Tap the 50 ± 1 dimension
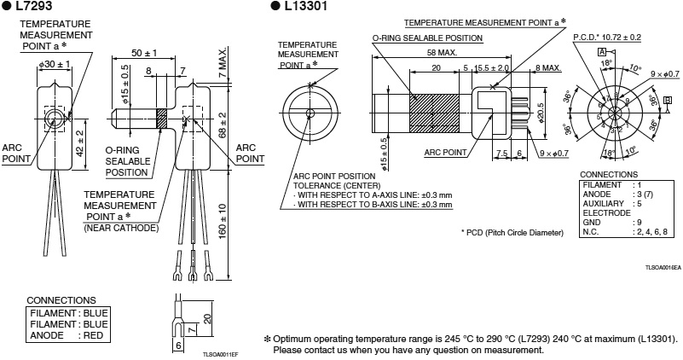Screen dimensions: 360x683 (x=145, y=52)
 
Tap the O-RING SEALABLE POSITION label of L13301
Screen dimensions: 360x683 (x=427, y=38)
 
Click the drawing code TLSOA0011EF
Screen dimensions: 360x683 (x=220, y=353)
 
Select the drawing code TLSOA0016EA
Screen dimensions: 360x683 (x=663, y=267)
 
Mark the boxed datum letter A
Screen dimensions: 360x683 (x=601, y=53)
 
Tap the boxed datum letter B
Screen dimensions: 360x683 (x=667, y=100)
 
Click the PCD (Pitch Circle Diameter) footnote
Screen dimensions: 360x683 (x=512, y=232)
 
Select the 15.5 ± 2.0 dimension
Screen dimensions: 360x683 (x=491, y=67)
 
